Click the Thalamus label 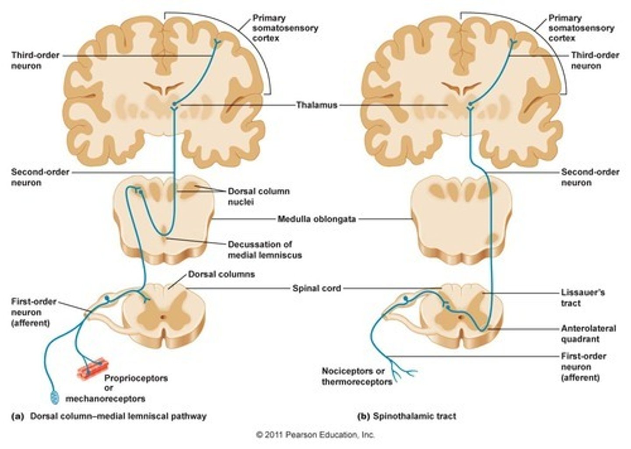coord(316,105)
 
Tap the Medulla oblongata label coord(316,218)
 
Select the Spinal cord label coord(316,288)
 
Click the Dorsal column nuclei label coord(259,197)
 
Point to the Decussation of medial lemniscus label coord(264,249)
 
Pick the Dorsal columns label coord(221,275)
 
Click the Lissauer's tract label coord(582,297)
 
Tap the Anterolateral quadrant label coord(588,333)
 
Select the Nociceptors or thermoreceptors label coord(357,376)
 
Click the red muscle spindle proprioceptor coord(92,368)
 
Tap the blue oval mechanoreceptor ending coord(54,397)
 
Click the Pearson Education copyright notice coord(315,435)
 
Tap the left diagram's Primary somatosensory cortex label coord(285,28)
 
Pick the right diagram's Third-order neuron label coord(595,60)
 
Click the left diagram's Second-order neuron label coord(40,177)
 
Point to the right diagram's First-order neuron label coord(583,367)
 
